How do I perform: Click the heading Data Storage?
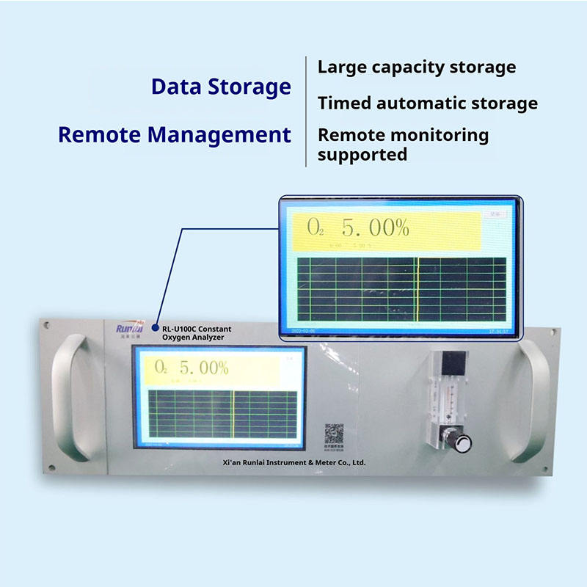point(221,87)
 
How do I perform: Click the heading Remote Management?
point(175,135)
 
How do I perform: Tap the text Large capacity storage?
point(417,68)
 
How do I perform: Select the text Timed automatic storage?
point(428,103)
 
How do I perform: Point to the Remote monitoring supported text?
point(403,145)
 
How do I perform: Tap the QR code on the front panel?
point(335,432)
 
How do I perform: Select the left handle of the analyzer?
point(75,397)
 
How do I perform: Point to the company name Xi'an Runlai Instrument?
point(293,463)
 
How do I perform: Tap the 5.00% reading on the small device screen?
point(204,368)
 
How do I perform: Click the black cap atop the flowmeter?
point(455,362)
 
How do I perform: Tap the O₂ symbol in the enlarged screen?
point(316,229)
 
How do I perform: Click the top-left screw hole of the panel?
point(46,323)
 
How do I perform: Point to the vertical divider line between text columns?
point(306,110)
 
